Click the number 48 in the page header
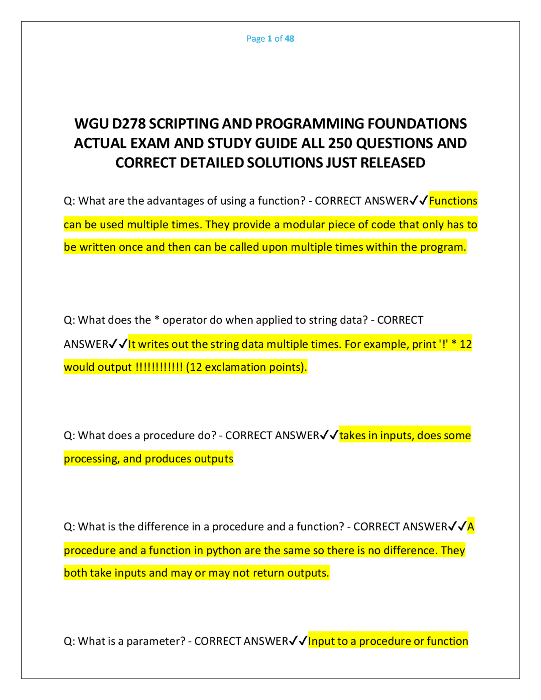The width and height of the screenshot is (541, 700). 289,38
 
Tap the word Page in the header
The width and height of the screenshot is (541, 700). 256,38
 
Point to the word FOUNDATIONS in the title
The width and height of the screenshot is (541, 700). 417,123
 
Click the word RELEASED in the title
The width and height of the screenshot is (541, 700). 393,163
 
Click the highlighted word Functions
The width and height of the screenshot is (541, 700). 453,201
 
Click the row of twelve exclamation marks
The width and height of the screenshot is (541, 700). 159,367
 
